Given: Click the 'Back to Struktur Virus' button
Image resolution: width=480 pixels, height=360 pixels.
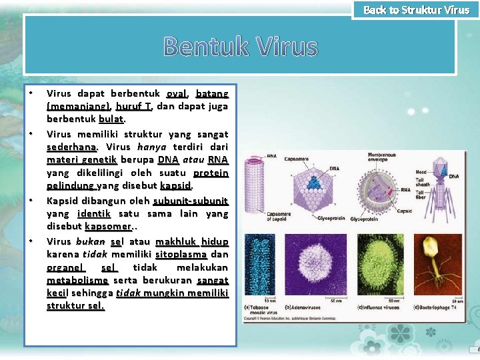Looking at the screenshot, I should pyautogui.click(x=416, y=10).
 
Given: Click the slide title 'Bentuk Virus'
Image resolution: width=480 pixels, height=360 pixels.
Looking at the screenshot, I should pyautogui.click(x=240, y=47).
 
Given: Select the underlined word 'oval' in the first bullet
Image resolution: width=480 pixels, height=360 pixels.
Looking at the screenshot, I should pyautogui.click(x=176, y=93).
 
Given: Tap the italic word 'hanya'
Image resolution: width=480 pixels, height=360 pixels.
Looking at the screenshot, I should pyautogui.click(x=151, y=147).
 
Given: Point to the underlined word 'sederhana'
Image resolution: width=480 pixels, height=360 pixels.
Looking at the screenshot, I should pyautogui.click(x=72, y=147).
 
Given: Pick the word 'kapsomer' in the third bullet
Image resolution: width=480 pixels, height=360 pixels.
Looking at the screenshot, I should pyautogui.click(x=107, y=227).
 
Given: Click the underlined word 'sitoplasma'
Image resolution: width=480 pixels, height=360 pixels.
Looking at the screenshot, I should pyautogui.click(x=181, y=254).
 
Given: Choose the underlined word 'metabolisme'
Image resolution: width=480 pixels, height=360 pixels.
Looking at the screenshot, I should pyautogui.click(x=77, y=281).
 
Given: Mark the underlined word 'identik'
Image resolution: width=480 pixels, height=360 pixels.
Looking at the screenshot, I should pyautogui.click(x=93, y=213).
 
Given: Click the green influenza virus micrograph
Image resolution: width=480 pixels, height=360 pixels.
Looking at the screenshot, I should pyautogui.click(x=381, y=267).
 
